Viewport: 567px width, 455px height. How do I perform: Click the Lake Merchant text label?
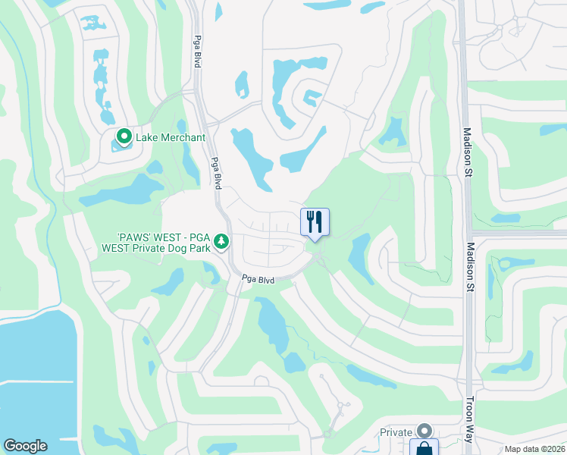coord(171,137)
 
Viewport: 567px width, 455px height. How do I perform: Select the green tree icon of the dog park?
coord(221,242)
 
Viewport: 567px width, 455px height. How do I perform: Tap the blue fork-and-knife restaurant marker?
coord(315,221)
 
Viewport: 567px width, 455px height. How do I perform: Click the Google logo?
coord(25,446)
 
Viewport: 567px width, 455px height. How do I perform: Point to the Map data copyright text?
coord(534,449)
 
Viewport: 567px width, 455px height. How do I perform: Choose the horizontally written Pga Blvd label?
coord(257,279)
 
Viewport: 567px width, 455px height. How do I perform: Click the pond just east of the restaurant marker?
coord(359,255)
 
